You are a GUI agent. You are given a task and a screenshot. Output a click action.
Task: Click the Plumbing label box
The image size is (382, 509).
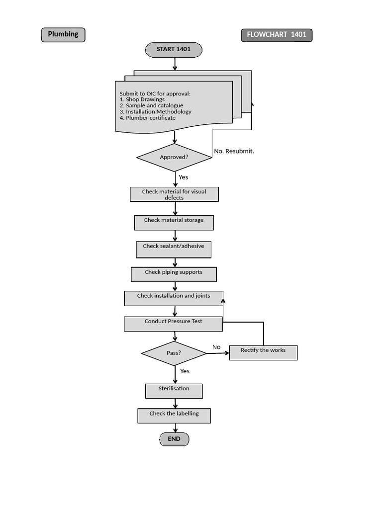click(63, 35)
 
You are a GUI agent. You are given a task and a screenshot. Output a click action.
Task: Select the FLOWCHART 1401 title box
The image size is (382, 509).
click(277, 35)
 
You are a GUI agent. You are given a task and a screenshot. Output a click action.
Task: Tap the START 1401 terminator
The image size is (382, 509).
click(174, 50)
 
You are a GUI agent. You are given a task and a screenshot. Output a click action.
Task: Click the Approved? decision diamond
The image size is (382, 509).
click(174, 158)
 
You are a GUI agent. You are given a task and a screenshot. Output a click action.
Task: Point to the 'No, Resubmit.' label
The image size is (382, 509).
click(234, 151)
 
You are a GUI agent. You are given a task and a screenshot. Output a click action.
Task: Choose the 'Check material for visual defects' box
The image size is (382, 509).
click(174, 194)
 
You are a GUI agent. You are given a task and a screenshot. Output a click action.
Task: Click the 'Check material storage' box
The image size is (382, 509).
click(174, 222)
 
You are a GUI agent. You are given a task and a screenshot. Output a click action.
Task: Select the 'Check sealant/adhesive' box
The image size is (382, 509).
click(174, 249)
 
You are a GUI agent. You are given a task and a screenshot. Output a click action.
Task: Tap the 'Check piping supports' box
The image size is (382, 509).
click(174, 274)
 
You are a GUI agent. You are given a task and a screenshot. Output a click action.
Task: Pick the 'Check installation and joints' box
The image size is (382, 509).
click(174, 298)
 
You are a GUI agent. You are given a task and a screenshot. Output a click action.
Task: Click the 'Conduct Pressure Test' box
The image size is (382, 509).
click(173, 324)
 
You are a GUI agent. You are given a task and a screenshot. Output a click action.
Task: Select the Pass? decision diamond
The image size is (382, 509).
click(174, 353)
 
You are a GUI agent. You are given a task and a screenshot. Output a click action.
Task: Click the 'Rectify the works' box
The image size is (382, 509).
click(263, 352)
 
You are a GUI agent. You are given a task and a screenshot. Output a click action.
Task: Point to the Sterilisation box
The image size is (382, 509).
click(174, 391)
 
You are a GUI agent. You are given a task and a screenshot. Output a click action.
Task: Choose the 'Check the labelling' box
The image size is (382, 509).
click(174, 416)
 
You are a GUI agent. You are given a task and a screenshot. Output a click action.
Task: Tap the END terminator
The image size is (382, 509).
click(174, 439)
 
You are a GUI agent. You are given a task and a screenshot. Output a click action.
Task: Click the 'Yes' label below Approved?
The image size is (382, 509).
click(184, 177)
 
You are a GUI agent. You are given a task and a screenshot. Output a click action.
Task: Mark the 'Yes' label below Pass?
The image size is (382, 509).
click(185, 371)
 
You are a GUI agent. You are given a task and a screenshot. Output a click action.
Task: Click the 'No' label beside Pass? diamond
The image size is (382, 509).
click(216, 347)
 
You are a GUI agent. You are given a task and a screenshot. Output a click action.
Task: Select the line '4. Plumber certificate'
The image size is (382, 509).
click(148, 118)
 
